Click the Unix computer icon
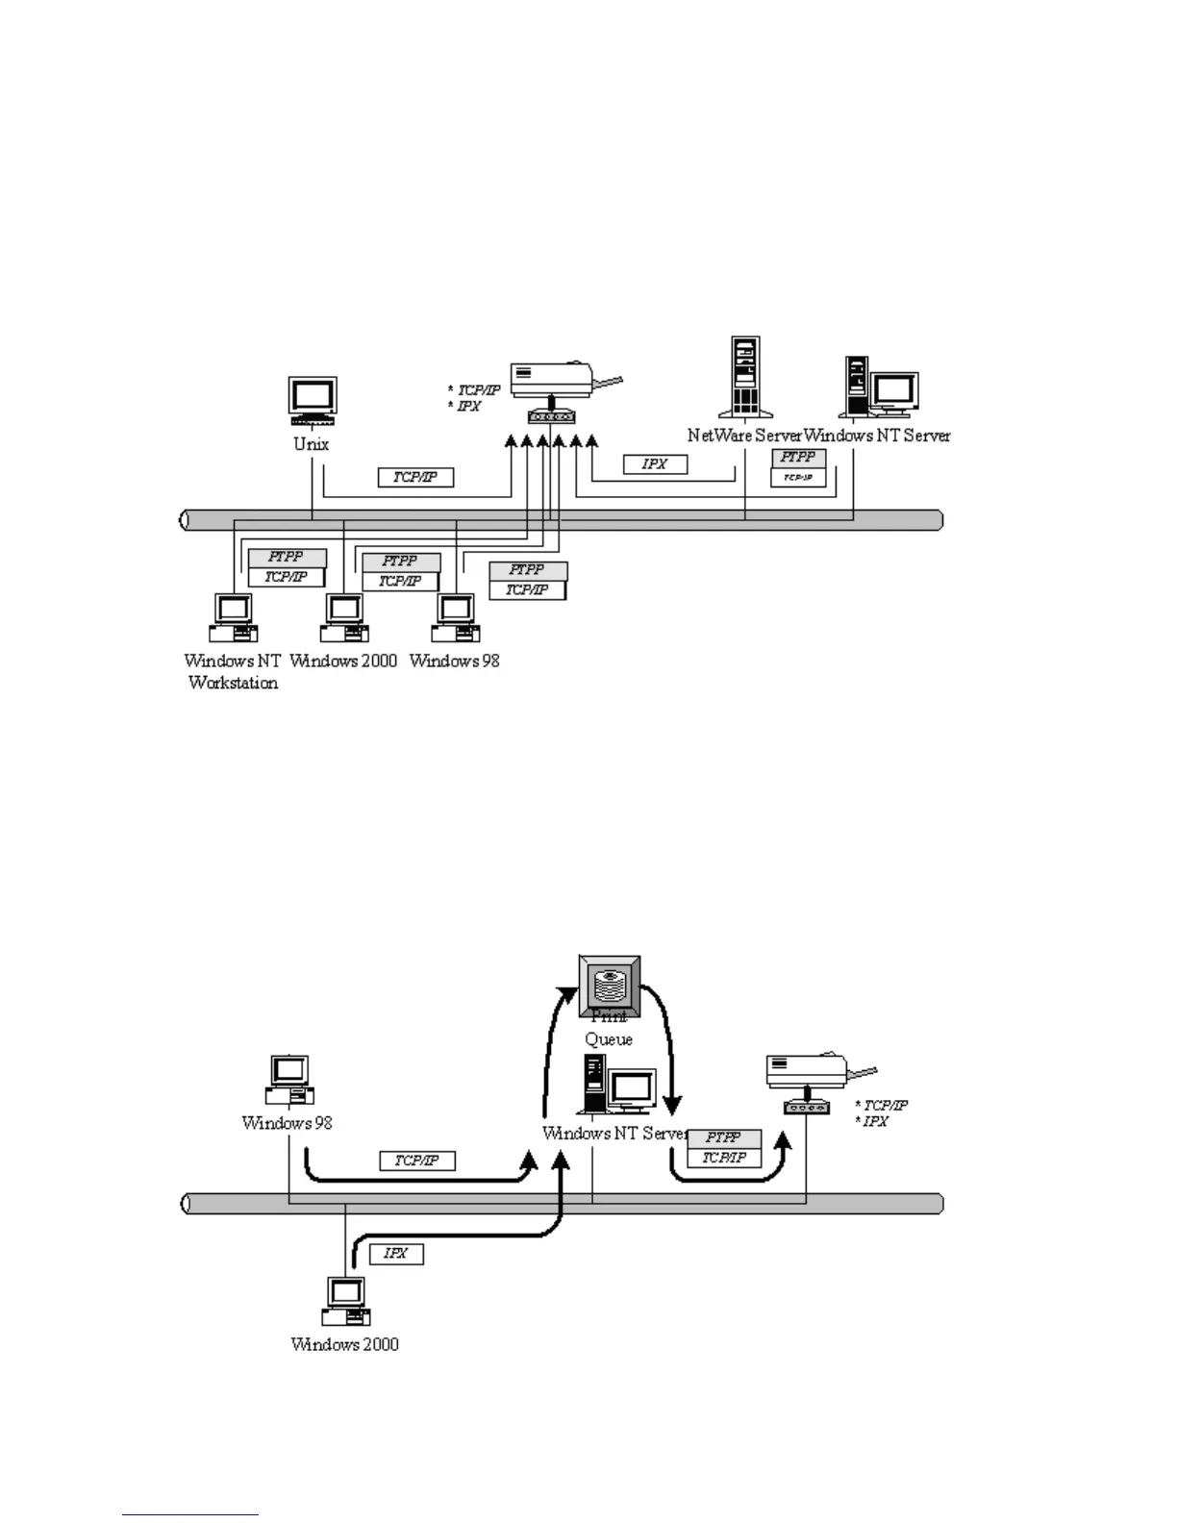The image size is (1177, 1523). (x=313, y=400)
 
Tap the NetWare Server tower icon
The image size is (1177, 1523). (x=745, y=376)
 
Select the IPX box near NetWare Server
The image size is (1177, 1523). (x=655, y=464)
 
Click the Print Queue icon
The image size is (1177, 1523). (x=610, y=986)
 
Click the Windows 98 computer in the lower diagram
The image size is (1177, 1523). (x=289, y=1080)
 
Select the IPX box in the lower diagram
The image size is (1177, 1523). (x=396, y=1254)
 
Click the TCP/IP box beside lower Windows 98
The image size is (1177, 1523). (x=417, y=1161)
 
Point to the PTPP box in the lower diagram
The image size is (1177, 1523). (x=724, y=1138)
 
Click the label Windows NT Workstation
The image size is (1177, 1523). (x=232, y=671)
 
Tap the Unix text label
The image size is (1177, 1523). (x=311, y=444)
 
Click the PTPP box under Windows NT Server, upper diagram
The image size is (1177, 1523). (x=798, y=458)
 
